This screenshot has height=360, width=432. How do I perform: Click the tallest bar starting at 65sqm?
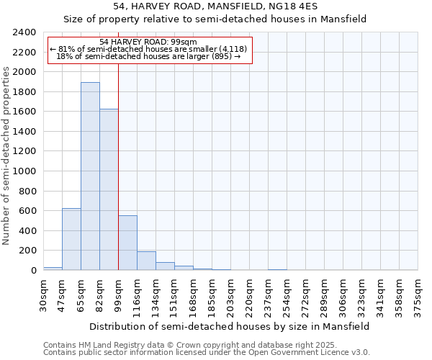coord(90,176)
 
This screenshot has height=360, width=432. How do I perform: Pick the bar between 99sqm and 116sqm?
coord(127,243)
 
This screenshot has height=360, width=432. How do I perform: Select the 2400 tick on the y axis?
coord(24,32)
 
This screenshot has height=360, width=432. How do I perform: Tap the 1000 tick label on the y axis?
coord(24,171)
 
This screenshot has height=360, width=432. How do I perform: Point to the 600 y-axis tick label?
coord(27,211)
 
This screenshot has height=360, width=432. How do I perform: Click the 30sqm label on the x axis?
coord(43,294)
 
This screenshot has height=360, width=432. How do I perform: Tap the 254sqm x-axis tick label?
coord(287,294)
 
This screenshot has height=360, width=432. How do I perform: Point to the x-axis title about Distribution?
coord(230,326)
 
